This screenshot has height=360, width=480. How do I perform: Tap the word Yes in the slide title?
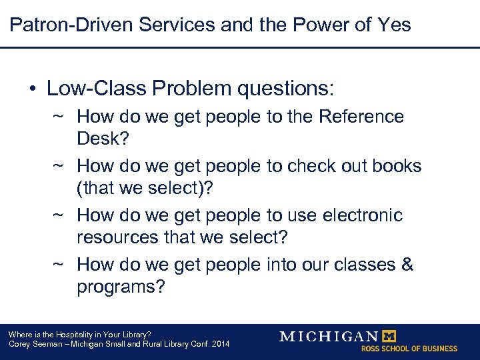[x=393, y=25]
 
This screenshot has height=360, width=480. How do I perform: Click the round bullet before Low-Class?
[x=32, y=89]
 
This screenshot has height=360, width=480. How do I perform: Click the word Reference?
[x=361, y=117]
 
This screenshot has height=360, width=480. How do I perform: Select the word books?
[x=398, y=166]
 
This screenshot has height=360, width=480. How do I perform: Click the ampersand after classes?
[x=407, y=265]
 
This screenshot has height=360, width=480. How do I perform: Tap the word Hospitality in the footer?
[x=76, y=334]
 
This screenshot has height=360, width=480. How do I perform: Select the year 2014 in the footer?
[x=221, y=344]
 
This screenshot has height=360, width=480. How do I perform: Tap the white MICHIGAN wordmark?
[x=329, y=336]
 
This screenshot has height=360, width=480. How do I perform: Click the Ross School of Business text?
[x=409, y=349]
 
